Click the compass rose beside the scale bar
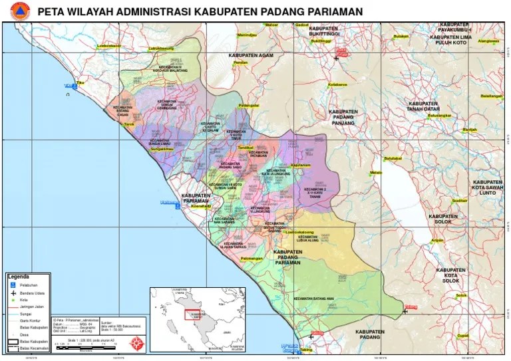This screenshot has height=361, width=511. (137, 343)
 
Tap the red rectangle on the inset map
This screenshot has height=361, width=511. (194, 315)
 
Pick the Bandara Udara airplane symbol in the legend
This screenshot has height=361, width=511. (11, 292)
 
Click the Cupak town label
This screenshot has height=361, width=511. (462, 336)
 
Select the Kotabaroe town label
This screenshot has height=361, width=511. (337, 84)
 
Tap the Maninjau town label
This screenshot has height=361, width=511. (247, 34)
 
